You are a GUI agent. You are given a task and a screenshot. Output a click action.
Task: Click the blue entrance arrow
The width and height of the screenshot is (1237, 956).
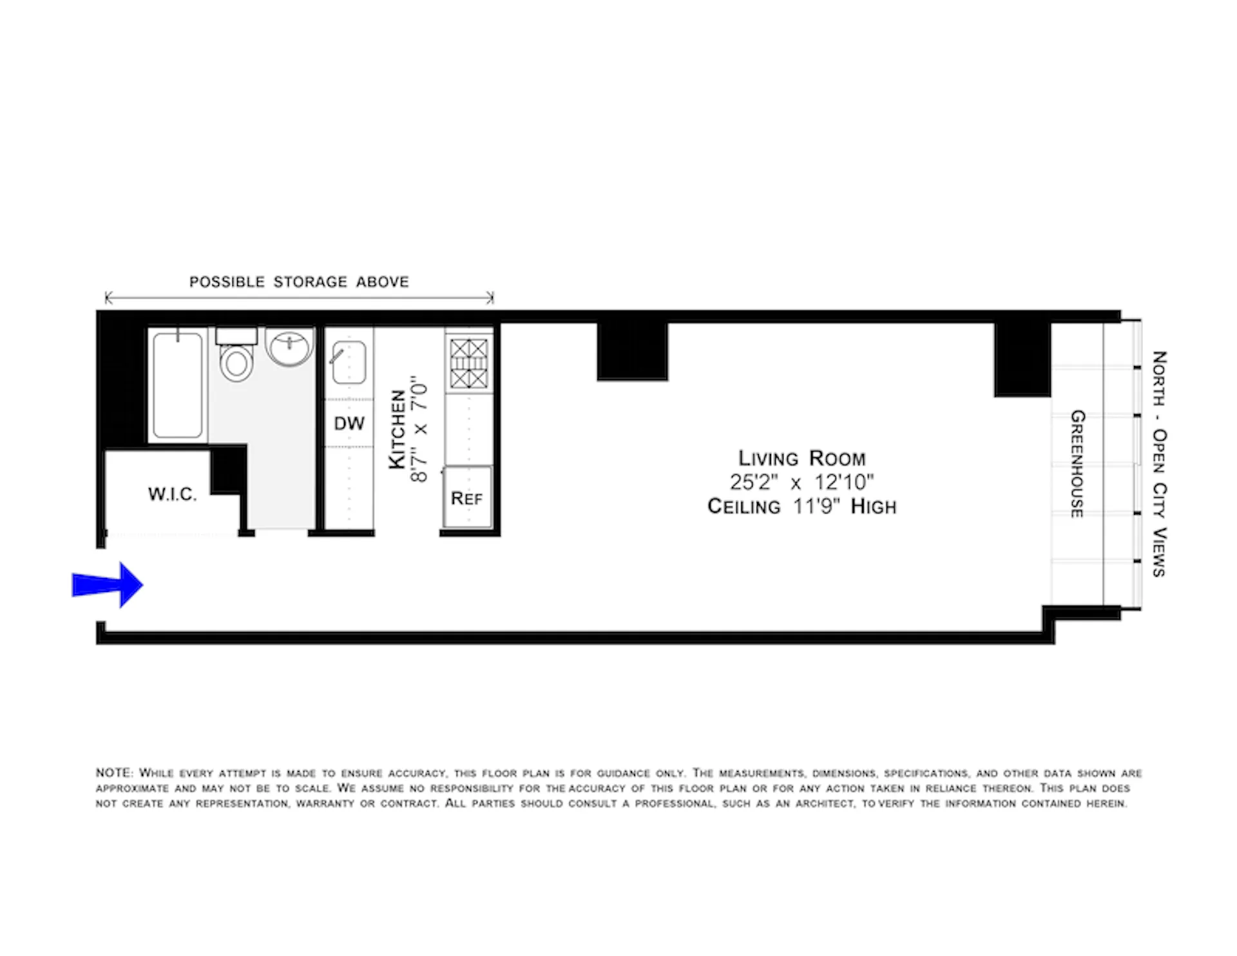pyautogui.click(x=108, y=585)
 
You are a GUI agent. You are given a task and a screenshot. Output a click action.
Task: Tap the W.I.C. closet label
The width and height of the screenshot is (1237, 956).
pyautogui.click(x=172, y=494)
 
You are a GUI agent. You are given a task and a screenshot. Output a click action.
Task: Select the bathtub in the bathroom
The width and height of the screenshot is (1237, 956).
pyautogui.click(x=177, y=385)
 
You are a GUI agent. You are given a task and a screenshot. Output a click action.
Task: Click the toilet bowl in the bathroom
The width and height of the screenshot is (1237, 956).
pyautogui.click(x=236, y=363)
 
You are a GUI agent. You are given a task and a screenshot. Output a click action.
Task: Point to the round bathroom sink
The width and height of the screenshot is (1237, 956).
pyautogui.click(x=289, y=347)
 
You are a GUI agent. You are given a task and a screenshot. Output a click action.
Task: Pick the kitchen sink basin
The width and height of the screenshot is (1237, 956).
pyautogui.click(x=350, y=363)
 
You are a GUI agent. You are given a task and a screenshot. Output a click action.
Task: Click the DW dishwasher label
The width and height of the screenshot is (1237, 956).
pyautogui.click(x=349, y=423)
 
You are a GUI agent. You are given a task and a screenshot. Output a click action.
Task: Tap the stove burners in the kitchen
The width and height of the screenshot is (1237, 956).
pyautogui.click(x=468, y=364)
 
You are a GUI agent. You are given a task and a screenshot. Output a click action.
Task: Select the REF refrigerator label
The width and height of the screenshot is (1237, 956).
pyautogui.click(x=467, y=499)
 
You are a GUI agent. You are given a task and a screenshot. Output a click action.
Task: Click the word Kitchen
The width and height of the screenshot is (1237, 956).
pyautogui.click(x=398, y=429)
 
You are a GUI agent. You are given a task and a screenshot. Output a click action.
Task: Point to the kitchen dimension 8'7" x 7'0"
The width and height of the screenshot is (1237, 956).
pyautogui.click(x=419, y=429)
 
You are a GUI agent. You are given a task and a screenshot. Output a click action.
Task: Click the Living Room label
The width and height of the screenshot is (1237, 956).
pyautogui.click(x=801, y=458)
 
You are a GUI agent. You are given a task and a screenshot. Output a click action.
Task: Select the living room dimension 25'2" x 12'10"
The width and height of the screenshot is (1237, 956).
pyautogui.click(x=801, y=482)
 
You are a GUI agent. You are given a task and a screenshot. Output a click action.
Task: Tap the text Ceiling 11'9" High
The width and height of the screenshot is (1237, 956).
pyautogui.click(x=801, y=506)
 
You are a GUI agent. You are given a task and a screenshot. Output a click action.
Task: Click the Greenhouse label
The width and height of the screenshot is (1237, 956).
pyautogui.click(x=1077, y=464)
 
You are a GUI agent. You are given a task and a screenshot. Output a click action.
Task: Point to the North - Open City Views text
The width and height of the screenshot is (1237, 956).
pyautogui.click(x=1159, y=464)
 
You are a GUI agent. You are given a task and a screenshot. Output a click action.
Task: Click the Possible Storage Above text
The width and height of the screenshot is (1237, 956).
pyautogui.click(x=299, y=282)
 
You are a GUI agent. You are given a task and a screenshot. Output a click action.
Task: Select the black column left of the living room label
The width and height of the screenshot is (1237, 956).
pyautogui.click(x=632, y=352)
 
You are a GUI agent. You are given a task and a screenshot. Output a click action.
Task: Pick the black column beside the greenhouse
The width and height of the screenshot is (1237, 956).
pyautogui.click(x=1022, y=359)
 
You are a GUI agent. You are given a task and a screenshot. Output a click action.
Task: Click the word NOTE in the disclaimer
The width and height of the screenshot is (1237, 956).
pyautogui.click(x=114, y=773)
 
